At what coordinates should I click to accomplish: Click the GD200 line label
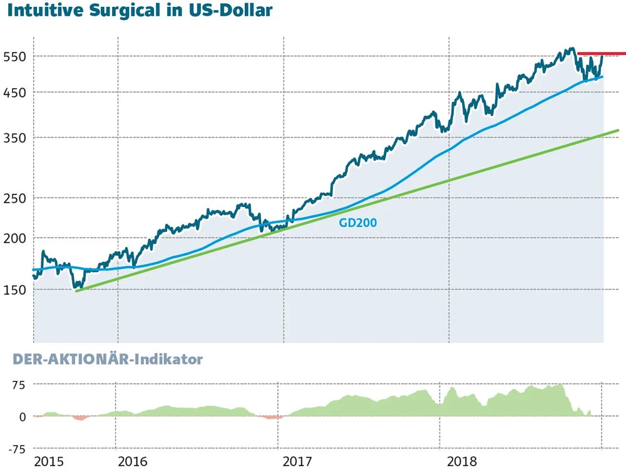tap(358, 221)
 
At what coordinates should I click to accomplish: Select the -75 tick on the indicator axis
tap(15, 449)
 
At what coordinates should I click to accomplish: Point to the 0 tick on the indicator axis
tap(21, 417)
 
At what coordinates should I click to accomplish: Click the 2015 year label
tap(49, 462)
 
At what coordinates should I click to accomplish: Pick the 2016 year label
tap(132, 462)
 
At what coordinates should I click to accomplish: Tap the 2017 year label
tap(298, 462)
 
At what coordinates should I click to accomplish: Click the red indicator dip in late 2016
tap(270, 417)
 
